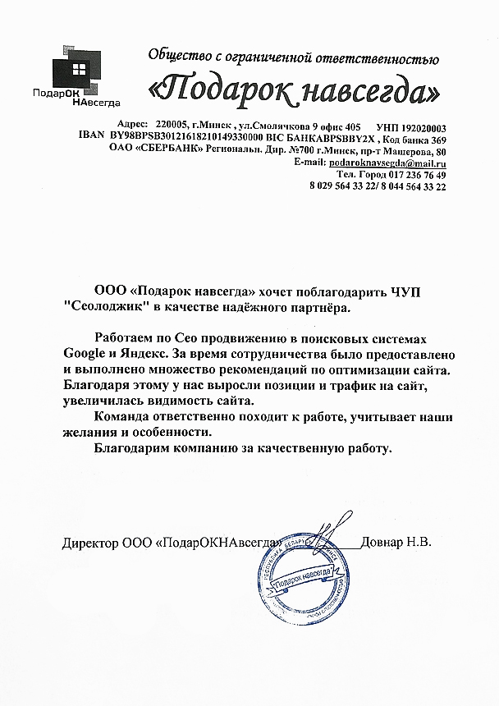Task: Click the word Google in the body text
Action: click(x=83, y=354)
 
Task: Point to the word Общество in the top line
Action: click(x=180, y=57)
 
